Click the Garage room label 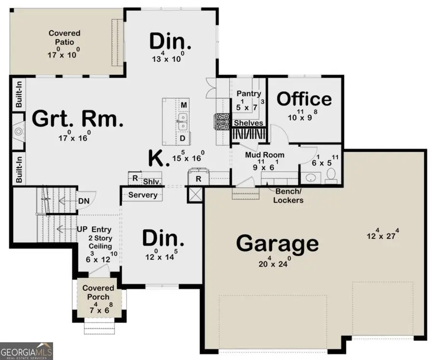click(277, 244)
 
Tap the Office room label click(304, 99)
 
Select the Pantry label click(249, 94)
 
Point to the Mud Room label click(265, 155)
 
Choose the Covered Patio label click(64, 38)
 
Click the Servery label click(143, 195)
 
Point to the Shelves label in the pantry click(249, 123)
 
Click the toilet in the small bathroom click(331, 179)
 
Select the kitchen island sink click(183, 121)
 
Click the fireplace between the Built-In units click(18, 131)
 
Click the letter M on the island click(183, 105)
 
